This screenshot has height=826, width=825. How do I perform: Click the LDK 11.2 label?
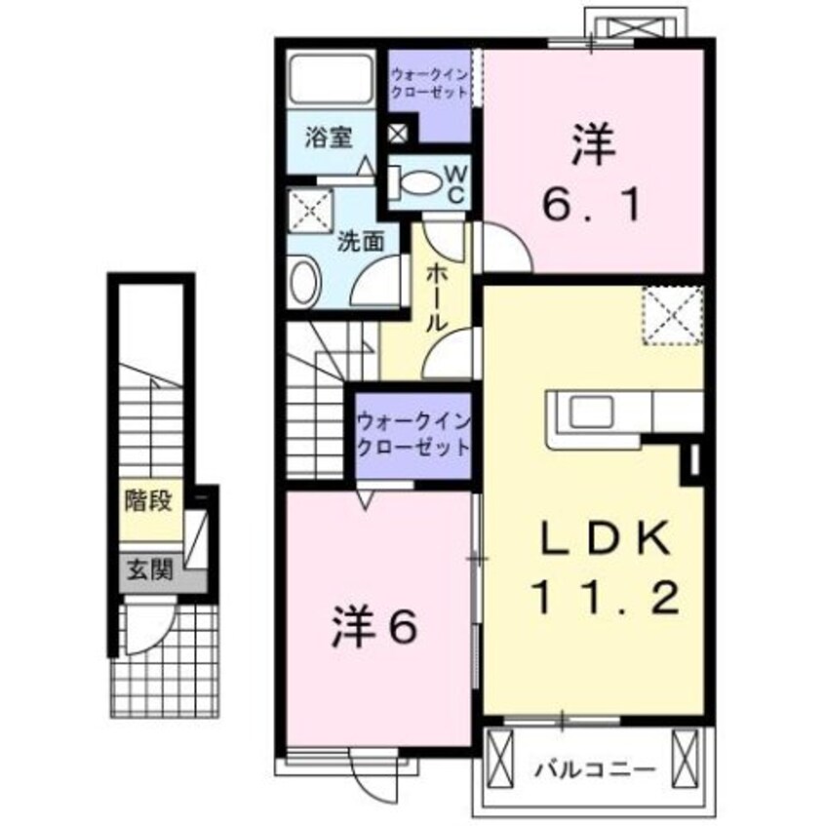593,566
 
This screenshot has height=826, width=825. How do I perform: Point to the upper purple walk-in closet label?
429,83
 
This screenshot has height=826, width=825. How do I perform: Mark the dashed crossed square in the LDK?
672,315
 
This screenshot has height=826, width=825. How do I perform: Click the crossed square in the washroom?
311,210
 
